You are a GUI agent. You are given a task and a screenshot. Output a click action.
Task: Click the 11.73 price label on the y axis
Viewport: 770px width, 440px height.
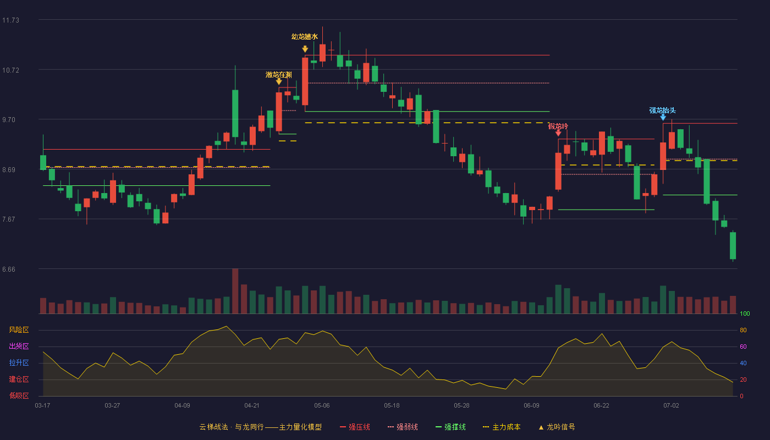point(10,20)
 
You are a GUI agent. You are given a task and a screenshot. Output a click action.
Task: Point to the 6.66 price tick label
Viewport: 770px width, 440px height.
point(9,269)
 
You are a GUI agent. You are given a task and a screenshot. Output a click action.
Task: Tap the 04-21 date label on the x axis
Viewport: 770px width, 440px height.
point(252,406)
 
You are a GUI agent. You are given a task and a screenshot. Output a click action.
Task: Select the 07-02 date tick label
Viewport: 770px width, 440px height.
point(671,406)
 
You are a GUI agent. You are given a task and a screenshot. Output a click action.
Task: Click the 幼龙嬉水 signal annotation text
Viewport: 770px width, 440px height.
point(305,37)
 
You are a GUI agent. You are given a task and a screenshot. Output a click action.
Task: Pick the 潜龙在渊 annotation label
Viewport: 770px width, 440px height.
point(279,75)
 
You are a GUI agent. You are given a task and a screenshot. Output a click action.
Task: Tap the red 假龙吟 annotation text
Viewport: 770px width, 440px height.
point(558,126)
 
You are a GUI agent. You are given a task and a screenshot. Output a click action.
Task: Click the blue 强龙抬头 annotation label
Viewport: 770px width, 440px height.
point(662,111)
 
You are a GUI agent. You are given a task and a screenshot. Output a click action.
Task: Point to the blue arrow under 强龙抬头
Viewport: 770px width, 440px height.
point(663,118)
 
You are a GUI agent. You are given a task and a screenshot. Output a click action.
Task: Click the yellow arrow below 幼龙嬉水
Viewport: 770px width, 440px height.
point(305,49)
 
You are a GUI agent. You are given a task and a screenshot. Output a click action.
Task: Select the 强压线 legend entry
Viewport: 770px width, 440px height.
point(355,427)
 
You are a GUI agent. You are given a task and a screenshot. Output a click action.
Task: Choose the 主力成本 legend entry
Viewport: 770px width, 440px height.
point(502,427)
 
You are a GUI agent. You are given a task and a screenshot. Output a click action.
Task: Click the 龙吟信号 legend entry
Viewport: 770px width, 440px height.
point(557,427)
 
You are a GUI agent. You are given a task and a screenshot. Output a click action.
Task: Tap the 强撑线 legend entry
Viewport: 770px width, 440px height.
point(450,427)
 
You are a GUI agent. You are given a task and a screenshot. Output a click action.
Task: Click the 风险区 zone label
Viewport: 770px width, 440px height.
point(19,330)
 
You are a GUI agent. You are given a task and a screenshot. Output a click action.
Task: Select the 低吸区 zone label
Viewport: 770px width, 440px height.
point(19,396)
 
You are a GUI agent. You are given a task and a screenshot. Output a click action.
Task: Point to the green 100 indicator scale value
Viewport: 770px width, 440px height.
point(745,313)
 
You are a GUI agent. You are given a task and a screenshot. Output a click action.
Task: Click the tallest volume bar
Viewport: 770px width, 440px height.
point(235,291)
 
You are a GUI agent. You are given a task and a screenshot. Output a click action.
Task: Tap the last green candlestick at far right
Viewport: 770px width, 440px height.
point(733,245)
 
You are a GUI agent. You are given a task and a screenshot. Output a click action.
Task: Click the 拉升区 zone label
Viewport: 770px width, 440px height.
point(19,363)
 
